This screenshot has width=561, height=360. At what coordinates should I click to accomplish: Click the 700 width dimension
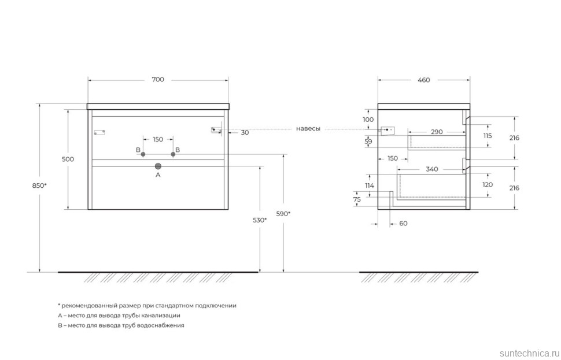pos(158,80)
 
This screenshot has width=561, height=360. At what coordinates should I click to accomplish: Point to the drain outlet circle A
pos(158,166)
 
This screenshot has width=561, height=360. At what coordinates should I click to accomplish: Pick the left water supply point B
pos(143,155)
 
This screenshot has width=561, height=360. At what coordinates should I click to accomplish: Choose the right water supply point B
pos(172,155)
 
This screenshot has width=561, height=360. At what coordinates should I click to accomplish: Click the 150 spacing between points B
pos(158,139)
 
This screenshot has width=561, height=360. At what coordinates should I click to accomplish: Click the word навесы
pos(308,128)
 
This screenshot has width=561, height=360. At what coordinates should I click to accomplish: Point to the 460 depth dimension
pos(423,80)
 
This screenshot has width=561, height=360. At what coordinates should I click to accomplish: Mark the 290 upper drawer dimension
pos(437,132)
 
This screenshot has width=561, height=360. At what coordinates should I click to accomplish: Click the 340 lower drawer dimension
pos(431,169)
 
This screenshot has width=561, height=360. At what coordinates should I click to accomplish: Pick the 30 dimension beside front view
pos(245,132)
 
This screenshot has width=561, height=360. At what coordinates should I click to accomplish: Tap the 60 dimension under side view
pos(403,224)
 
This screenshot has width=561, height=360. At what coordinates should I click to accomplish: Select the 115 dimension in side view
pos(487,136)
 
